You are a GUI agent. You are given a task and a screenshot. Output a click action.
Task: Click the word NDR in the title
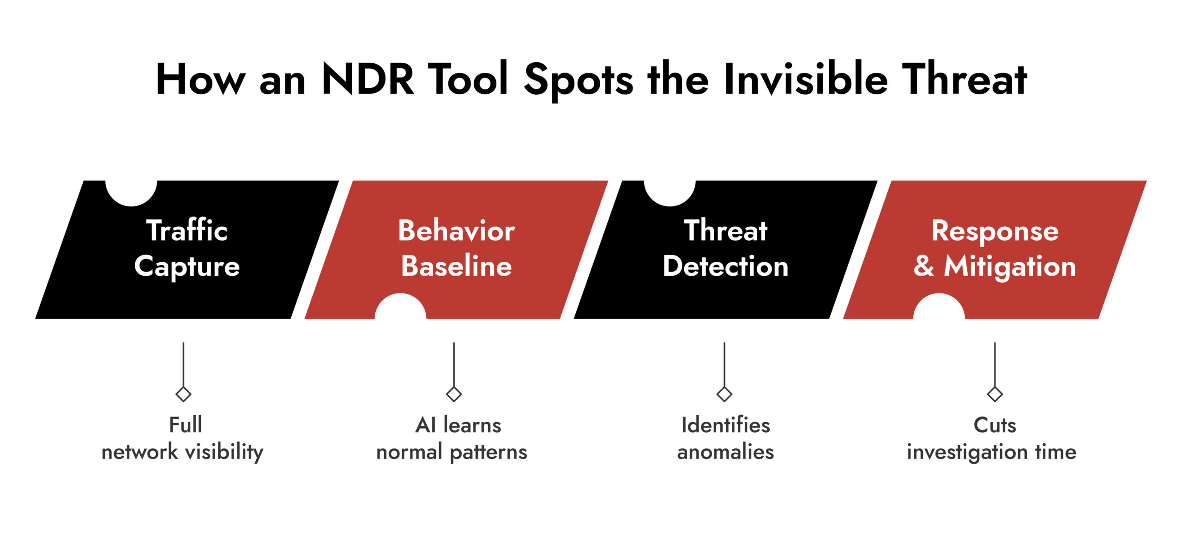[x=368, y=79]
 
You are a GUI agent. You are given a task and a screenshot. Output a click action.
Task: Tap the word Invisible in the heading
[x=805, y=79]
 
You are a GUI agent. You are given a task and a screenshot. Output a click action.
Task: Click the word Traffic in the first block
[x=187, y=230]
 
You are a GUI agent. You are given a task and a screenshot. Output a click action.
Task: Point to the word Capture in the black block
[x=187, y=266]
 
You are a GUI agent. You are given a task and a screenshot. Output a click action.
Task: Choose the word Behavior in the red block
[x=456, y=230]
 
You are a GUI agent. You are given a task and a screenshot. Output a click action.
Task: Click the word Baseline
[x=456, y=266]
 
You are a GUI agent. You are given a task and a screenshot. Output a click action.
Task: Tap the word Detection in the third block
[x=725, y=266]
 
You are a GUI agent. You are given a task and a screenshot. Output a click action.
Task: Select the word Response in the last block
[x=995, y=230]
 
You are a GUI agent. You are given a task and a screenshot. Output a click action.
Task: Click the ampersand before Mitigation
[x=923, y=266]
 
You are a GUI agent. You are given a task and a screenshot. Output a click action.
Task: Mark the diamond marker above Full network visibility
[x=183, y=394]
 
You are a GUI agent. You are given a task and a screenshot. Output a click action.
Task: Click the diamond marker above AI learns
[x=454, y=394]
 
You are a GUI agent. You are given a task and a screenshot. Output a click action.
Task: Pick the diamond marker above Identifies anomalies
[x=724, y=394]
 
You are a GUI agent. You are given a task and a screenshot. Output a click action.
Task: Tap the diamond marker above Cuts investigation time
[x=995, y=394]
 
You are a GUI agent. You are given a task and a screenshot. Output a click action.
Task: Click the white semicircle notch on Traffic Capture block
[x=131, y=192]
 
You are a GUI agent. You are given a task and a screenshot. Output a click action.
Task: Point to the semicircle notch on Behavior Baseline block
[x=400, y=308]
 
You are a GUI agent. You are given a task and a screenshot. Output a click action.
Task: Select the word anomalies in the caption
[x=725, y=452]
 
